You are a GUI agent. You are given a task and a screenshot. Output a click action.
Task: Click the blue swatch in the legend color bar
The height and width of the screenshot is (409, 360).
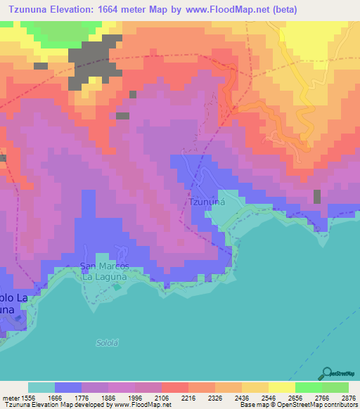coord(68,387)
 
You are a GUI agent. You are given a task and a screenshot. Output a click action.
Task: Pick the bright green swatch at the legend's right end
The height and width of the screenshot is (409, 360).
coord(335,387)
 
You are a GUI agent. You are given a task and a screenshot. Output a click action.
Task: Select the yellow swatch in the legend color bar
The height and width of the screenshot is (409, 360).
coord(281,387)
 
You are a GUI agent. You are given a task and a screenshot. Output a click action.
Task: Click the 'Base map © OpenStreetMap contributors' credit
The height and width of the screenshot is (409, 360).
coord(297,405)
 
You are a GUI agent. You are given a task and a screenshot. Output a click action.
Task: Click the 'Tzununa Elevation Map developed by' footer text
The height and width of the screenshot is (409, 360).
coord(49,405)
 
